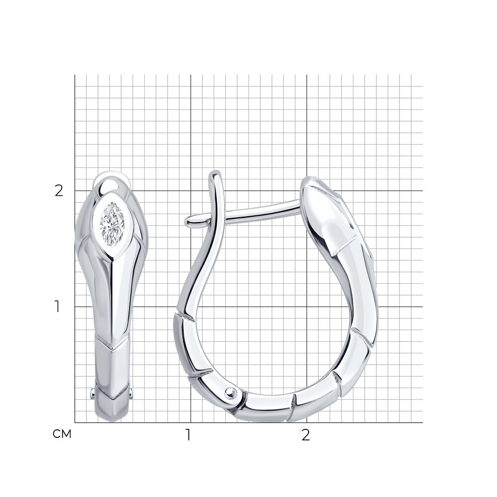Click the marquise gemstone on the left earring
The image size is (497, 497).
pyautogui.click(x=112, y=219)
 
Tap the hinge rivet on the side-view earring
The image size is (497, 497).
pyautogui.click(x=231, y=393)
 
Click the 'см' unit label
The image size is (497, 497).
pyautogui.click(x=62, y=434)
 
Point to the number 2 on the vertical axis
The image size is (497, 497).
pyautogui.click(x=59, y=191)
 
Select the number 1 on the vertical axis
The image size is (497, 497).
pyautogui.click(x=57, y=307)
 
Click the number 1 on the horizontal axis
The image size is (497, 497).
pyautogui.click(x=188, y=435)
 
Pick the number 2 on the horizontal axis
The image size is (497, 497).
pyautogui.click(x=306, y=435)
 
